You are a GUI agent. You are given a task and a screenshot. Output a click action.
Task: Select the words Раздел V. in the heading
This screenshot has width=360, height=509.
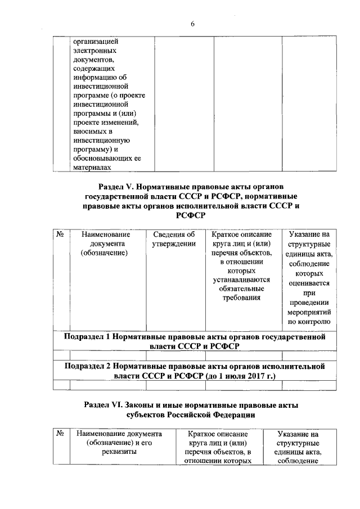(116, 186)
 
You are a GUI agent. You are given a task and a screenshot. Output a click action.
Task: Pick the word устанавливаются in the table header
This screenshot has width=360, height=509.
(242, 280)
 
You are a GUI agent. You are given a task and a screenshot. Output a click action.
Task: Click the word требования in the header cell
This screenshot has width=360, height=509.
(242, 298)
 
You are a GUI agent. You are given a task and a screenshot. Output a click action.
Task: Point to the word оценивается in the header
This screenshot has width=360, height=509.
(309, 284)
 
